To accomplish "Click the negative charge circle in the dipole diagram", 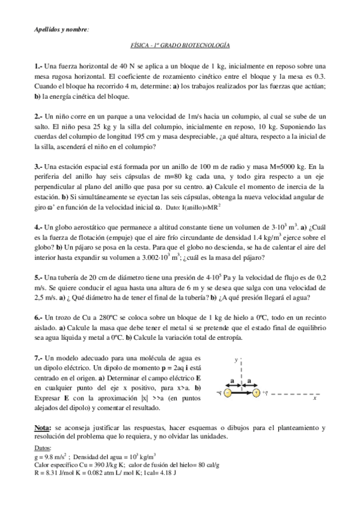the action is (228, 393).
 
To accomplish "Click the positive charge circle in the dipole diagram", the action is (256, 393).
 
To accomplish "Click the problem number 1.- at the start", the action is (38, 65).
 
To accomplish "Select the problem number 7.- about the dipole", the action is (38, 357).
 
